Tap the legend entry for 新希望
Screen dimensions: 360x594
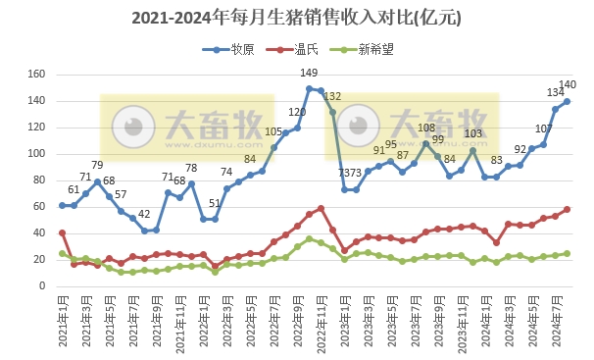tap(377, 49)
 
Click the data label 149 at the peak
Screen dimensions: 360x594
tap(309, 74)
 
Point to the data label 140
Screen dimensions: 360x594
tap(567, 85)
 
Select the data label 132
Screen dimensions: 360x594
tap(332, 96)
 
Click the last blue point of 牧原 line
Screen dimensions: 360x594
tap(567, 101)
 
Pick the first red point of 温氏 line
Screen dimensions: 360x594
tap(63, 233)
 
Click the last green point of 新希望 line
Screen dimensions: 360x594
tap(567, 253)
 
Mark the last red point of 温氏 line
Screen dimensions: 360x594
tap(567, 210)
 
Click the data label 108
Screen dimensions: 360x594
tap(426, 128)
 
